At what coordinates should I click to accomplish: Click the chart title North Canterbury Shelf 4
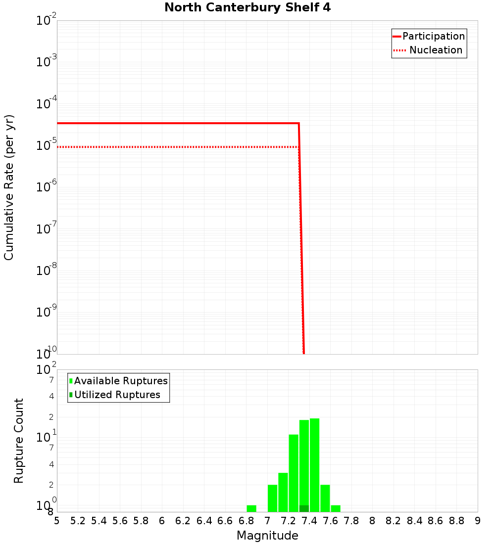(x=247, y=8)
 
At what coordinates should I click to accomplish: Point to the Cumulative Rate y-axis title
(x=9, y=187)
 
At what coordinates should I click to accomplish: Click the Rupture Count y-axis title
(x=19, y=441)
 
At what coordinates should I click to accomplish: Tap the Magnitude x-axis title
(x=267, y=536)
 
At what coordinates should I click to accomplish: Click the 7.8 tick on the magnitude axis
(x=351, y=521)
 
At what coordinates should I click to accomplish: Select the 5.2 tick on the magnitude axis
(x=78, y=521)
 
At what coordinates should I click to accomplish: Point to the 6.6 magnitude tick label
(x=225, y=521)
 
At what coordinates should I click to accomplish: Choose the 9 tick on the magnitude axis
(x=477, y=521)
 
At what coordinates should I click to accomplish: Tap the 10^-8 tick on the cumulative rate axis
(x=46, y=271)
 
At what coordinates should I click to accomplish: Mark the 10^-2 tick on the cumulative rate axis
(x=46, y=21)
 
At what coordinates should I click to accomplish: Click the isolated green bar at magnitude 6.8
(x=251, y=508)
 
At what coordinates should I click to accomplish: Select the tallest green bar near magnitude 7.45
(x=314, y=465)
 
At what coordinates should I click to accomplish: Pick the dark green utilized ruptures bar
(x=304, y=508)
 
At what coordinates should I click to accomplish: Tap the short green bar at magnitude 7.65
(x=336, y=508)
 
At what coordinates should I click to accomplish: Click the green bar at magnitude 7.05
(x=272, y=498)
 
